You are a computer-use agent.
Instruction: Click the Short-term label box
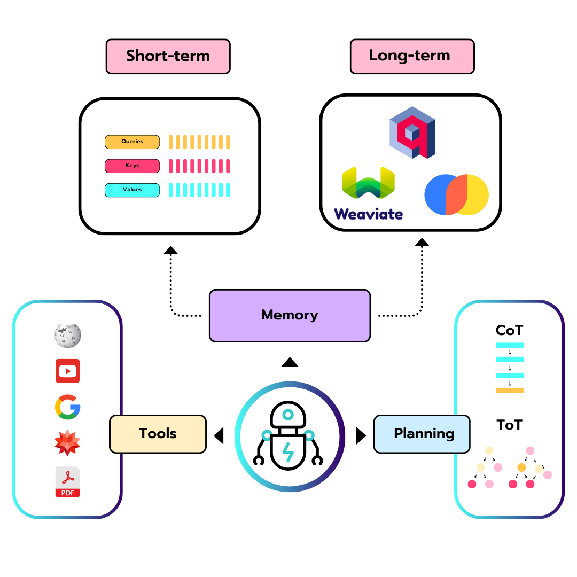[x=168, y=56]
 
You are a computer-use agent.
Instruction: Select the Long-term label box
[x=412, y=56]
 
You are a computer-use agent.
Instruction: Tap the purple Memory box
[x=290, y=315]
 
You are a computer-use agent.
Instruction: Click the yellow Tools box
[x=158, y=434]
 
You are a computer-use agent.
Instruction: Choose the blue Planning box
[x=422, y=434]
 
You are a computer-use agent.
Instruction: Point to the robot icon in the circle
[x=288, y=435]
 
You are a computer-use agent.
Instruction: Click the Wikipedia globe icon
[x=67, y=336]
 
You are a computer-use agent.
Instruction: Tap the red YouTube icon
[x=67, y=371]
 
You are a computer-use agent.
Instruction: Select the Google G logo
[x=67, y=407]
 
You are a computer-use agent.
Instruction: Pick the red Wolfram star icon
[x=67, y=443]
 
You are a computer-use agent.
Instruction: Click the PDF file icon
[x=67, y=482]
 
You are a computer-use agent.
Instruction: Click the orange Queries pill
[x=132, y=142]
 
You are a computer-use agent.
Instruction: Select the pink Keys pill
[x=132, y=166]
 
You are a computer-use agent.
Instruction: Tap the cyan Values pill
[x=132, y=190]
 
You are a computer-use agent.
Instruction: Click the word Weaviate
[x=368, y=214]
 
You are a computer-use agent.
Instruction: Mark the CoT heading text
[x=509, y=331]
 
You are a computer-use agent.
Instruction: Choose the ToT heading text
[x=509, y=425]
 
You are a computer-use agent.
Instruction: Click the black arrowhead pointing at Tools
[x=218, y=436]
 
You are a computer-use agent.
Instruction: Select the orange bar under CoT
[x=510, y=391]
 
